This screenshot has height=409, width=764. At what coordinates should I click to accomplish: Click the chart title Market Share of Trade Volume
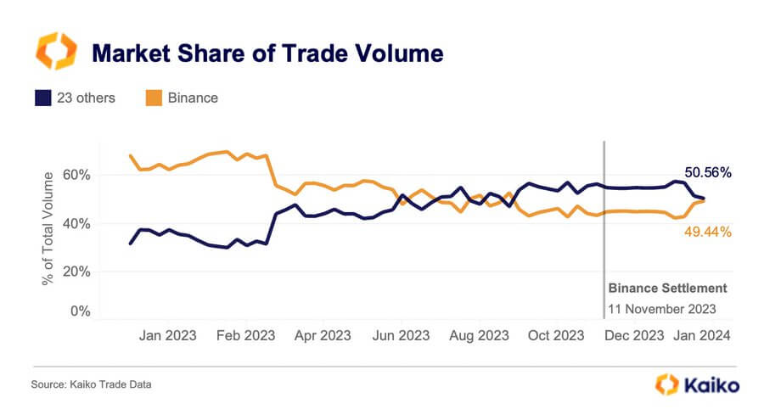pyautogui.click(x=267, y=53)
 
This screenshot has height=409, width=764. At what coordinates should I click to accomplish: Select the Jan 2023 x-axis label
pyautogui.click(x=167, y=335)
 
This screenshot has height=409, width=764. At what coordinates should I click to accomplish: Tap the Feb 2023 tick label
pyautogui.click(x=246, y=335)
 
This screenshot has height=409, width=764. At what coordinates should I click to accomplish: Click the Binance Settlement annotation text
pyautogui.click(x=667, y=289)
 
